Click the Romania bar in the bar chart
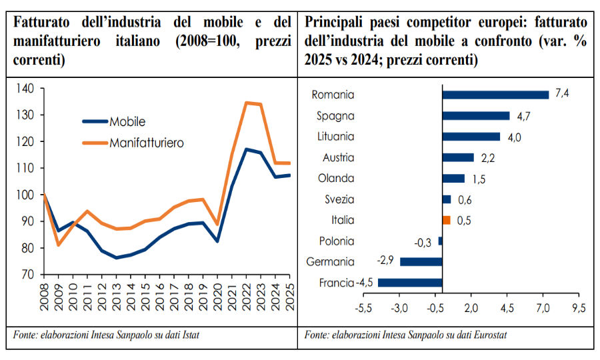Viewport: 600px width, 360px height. (495, 95)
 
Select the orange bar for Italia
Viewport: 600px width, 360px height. (447, 220)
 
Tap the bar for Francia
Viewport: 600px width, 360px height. (409, 283)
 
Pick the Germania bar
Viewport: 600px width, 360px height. (421, 261)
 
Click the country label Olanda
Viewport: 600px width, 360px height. (337, 179)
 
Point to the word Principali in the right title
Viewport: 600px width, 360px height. (337, 22)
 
